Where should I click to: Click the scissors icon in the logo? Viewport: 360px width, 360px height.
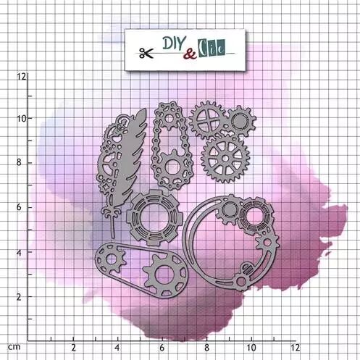[146, 53]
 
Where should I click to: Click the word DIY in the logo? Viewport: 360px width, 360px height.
[174, 43]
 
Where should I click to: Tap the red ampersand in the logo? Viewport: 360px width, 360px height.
[190, 54]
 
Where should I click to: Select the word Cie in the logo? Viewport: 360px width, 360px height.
[212, 48]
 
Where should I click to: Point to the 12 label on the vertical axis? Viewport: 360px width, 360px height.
[21, 77]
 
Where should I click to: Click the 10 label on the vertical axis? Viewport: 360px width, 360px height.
[21, 119]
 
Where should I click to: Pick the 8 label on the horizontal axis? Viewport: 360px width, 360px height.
[206, 348]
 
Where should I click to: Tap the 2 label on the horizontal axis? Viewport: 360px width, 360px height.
[73, 348]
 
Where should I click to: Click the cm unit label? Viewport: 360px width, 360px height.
[14, 347]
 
